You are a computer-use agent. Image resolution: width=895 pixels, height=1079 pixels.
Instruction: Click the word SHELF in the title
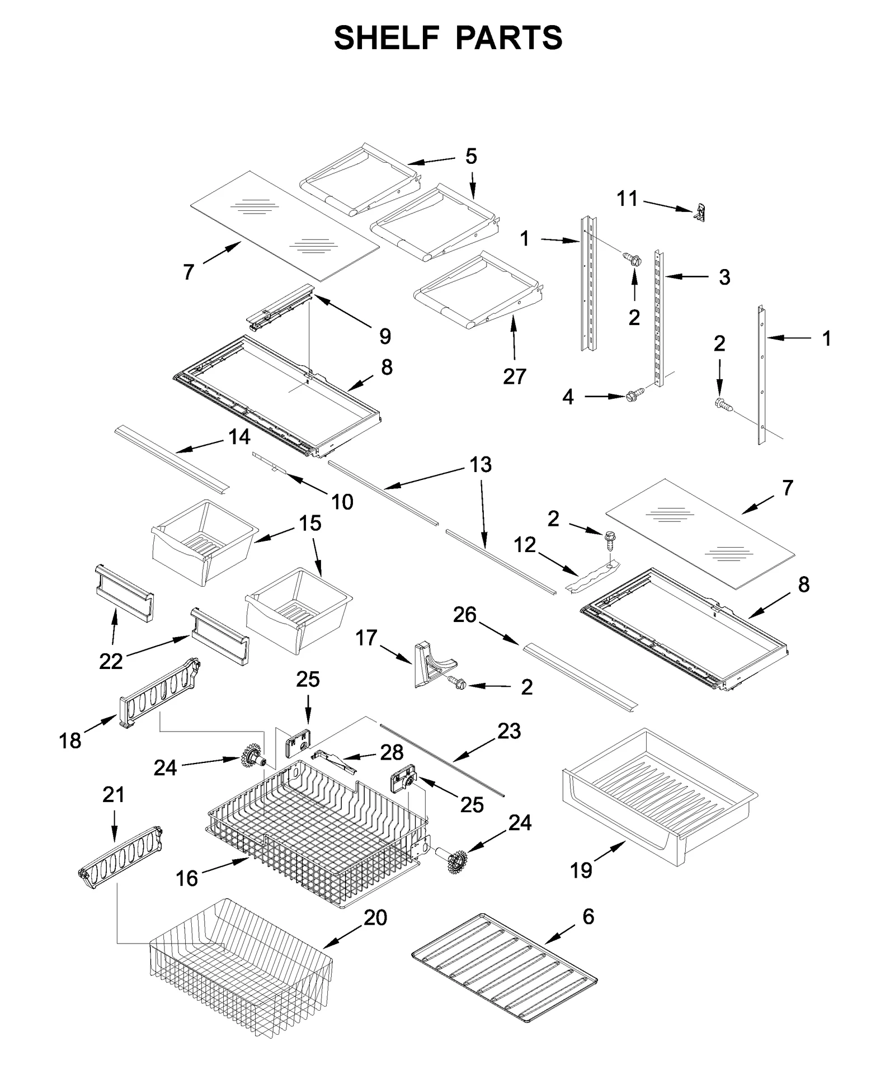click(385, 38)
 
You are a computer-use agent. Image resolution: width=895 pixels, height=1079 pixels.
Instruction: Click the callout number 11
click(627, 199)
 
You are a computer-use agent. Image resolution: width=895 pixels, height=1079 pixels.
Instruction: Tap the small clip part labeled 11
click(699, 213)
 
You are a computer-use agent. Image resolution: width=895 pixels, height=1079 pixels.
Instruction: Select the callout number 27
click(514, 376)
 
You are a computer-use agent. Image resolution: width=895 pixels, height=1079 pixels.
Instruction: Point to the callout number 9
click(385, 336)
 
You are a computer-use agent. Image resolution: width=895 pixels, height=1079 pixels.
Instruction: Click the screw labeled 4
click(634, 395)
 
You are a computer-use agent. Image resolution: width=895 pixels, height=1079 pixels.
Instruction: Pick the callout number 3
click(724, 277)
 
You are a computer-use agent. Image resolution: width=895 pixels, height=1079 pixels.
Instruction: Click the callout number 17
click(366, 638)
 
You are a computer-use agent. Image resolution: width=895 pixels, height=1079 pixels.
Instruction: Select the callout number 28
click(392, 753)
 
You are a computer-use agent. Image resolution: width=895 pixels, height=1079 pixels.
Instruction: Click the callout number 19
click(581, 870)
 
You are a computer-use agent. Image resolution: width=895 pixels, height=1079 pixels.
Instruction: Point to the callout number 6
click(588, 917)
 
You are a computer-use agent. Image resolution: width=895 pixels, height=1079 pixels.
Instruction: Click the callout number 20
click(375, 918)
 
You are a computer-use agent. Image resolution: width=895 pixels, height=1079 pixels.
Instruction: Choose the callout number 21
click(114, 795)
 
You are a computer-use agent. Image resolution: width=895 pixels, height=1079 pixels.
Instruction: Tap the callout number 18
click(70, 741)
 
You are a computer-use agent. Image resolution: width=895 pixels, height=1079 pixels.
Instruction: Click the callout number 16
click(187, 879)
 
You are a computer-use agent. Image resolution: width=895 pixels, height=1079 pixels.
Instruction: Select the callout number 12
click(525, 545)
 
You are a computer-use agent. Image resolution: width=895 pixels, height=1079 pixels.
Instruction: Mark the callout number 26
click(464, 615)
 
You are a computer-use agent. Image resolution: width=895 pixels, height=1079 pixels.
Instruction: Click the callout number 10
click(342, 502)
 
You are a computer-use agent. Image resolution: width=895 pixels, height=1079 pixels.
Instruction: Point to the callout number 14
click(239, 437)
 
